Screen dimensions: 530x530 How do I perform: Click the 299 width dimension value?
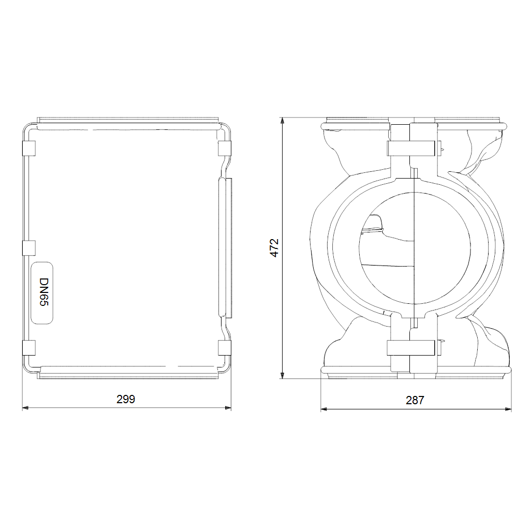[126, 399]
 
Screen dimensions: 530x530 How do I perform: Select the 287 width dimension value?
[415, 400]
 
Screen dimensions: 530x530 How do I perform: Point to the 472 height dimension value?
[274, 248]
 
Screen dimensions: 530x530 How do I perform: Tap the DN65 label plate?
[42, 293]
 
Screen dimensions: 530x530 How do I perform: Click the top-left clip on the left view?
[29, 148]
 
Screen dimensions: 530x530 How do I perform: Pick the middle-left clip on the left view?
[29, 248]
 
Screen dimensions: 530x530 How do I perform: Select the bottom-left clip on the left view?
[29, 348]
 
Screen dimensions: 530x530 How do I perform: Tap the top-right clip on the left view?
[225, 148]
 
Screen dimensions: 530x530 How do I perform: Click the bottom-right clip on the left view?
[225, 348]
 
